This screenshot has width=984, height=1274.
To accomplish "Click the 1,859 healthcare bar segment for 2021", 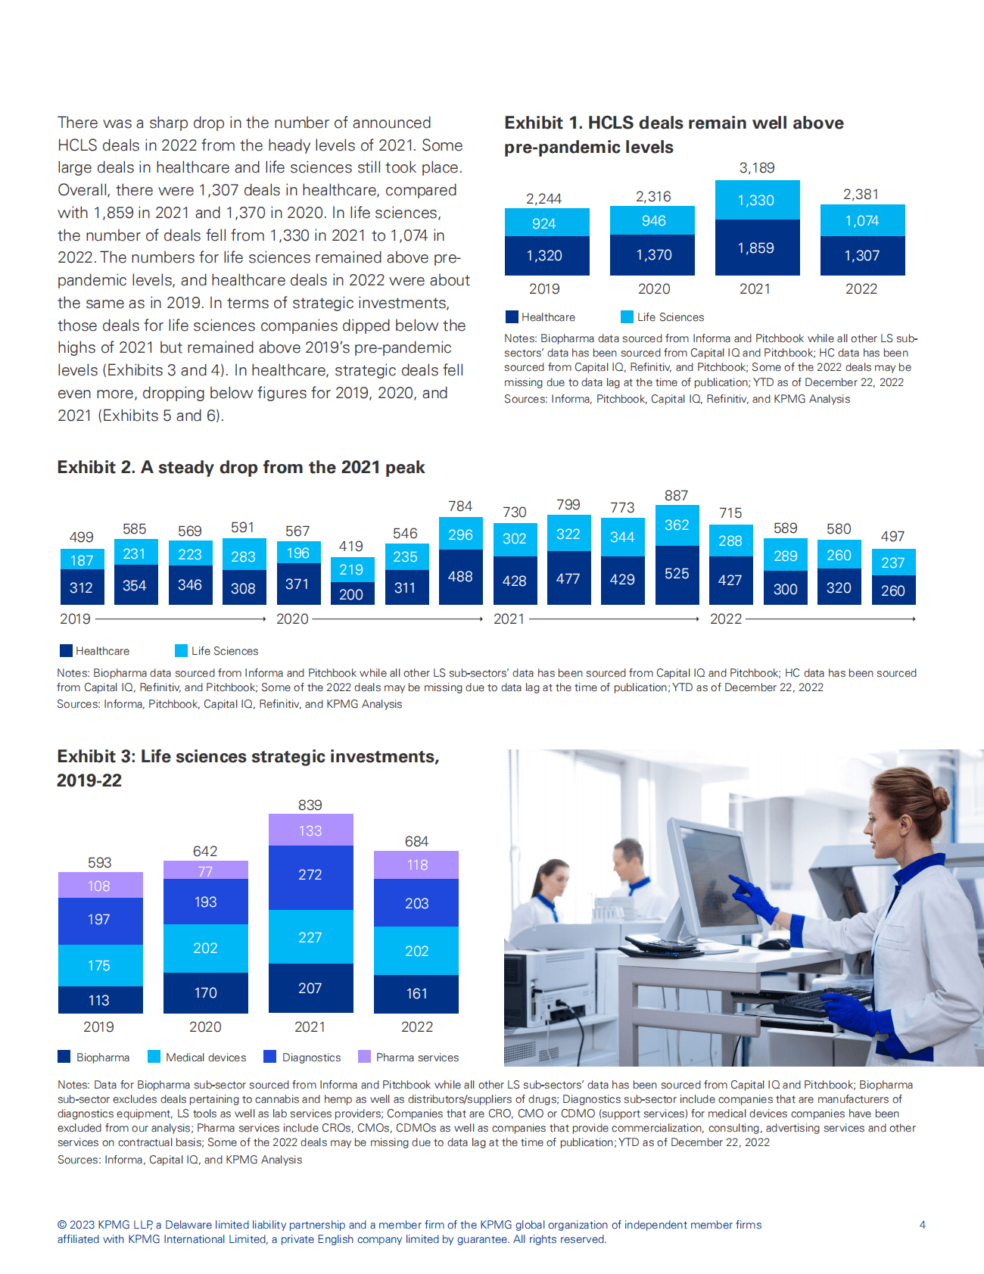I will (757, 248).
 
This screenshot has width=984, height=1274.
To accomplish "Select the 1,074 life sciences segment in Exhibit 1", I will (862, 221).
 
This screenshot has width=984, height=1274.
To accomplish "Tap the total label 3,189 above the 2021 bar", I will (757, 168).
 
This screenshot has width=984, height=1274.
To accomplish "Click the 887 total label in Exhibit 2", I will (676, 496).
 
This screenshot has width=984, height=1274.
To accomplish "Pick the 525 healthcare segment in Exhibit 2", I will (677, 574).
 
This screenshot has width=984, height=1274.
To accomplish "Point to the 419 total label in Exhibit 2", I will (350, 547).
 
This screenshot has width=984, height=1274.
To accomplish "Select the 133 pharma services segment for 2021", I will (310, 830).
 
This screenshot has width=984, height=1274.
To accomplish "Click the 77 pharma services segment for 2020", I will (205, 871).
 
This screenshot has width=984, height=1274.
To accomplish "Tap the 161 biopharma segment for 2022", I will (416, 993).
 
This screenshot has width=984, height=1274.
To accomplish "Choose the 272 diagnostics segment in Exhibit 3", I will (310, 875).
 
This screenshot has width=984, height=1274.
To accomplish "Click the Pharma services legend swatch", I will (364, 1057).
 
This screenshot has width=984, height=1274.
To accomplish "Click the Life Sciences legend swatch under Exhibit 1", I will (627, 317).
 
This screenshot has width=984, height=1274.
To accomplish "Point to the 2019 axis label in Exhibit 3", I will (98, 1027).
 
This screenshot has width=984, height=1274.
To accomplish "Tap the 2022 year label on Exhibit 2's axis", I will (725, 619).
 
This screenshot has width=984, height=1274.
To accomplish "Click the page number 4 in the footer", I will (922, 1225).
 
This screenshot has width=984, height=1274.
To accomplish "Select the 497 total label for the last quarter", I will (892, 537).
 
